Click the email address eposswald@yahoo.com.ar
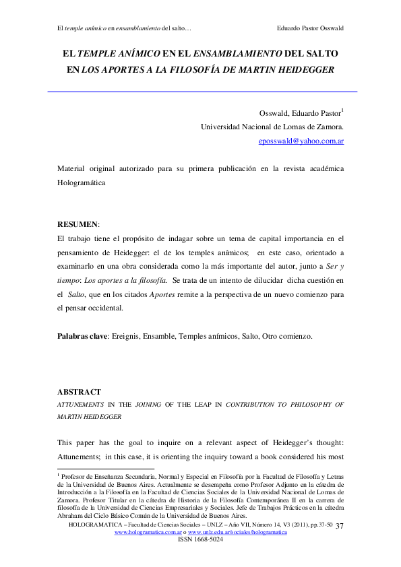pyautogui.click(x=301, y=141)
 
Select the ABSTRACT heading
pyautogui.click(x=79, y=391)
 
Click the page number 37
pyautogui.click(x=339, y=525)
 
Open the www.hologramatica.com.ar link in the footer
pyautogui.click(x=153, y=532)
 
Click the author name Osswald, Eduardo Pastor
pyautogui.click(x=299, y=112)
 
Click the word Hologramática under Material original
pyautogui.click(x=81, y=182)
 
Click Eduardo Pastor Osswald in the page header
pyautogui.click(x=310, y=28)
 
